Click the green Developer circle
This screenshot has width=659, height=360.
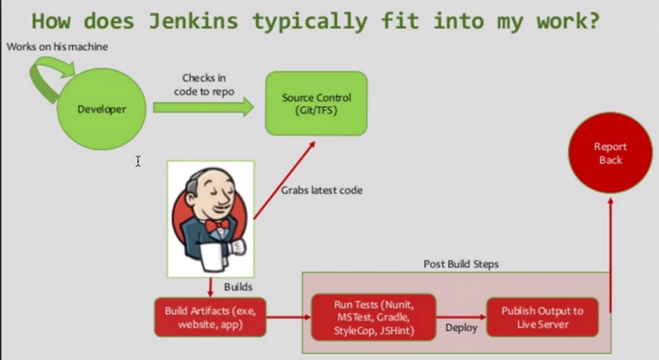click(x=101, y=109)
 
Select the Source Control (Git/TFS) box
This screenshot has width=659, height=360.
click(x=316, y=104)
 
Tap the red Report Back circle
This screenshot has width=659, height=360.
click(x=610, y=154)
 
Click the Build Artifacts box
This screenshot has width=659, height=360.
click(x=210, y=317)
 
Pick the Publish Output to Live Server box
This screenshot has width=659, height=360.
click(x=542, y=317)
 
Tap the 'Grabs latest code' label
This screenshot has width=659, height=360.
click(x=322, y=191)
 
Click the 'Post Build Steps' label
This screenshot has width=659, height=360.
click(x=461, y=264)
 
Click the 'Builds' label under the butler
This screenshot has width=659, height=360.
click(x=238, y=287)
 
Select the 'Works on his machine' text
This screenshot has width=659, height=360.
click(x=57, y=47)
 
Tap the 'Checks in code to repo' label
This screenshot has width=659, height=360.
click(x=204, y=85)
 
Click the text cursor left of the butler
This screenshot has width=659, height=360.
click(x=138, y=161)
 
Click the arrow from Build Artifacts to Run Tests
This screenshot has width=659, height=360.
click(x=289, y=317)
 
